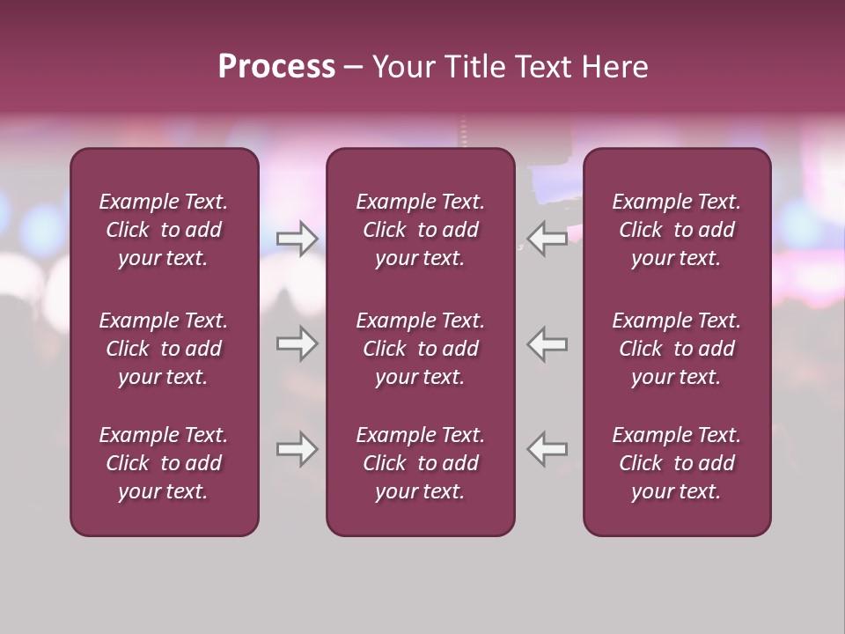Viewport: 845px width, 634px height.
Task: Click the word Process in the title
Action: click(276, 67)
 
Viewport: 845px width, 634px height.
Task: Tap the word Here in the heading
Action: click(614, 67)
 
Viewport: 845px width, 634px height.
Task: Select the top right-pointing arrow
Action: click(297, 239)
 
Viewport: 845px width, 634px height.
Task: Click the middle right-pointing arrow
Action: click(297, 343)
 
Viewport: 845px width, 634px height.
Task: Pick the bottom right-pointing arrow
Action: click(297, 449)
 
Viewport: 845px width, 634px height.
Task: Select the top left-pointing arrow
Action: click(547, 239)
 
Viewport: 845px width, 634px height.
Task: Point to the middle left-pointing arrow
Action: click(547, 343)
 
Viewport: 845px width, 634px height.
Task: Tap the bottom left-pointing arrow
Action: click(547, 449)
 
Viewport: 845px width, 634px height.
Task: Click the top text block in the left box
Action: click(164, 230)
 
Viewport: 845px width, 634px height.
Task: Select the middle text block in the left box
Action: click(164, 349)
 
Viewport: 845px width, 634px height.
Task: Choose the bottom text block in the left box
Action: click(164, 463)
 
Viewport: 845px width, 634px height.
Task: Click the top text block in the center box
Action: click(420, 230)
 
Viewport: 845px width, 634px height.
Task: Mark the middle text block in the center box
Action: click(420, 349)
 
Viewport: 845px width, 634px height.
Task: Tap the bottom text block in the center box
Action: click(420, 463)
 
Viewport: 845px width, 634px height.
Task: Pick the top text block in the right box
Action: click(677, 230)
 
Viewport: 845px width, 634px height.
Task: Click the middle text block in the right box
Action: click(677, 349)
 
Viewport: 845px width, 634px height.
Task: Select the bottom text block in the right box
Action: click(677, 463)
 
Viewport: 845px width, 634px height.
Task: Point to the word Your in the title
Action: click(402, 67)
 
